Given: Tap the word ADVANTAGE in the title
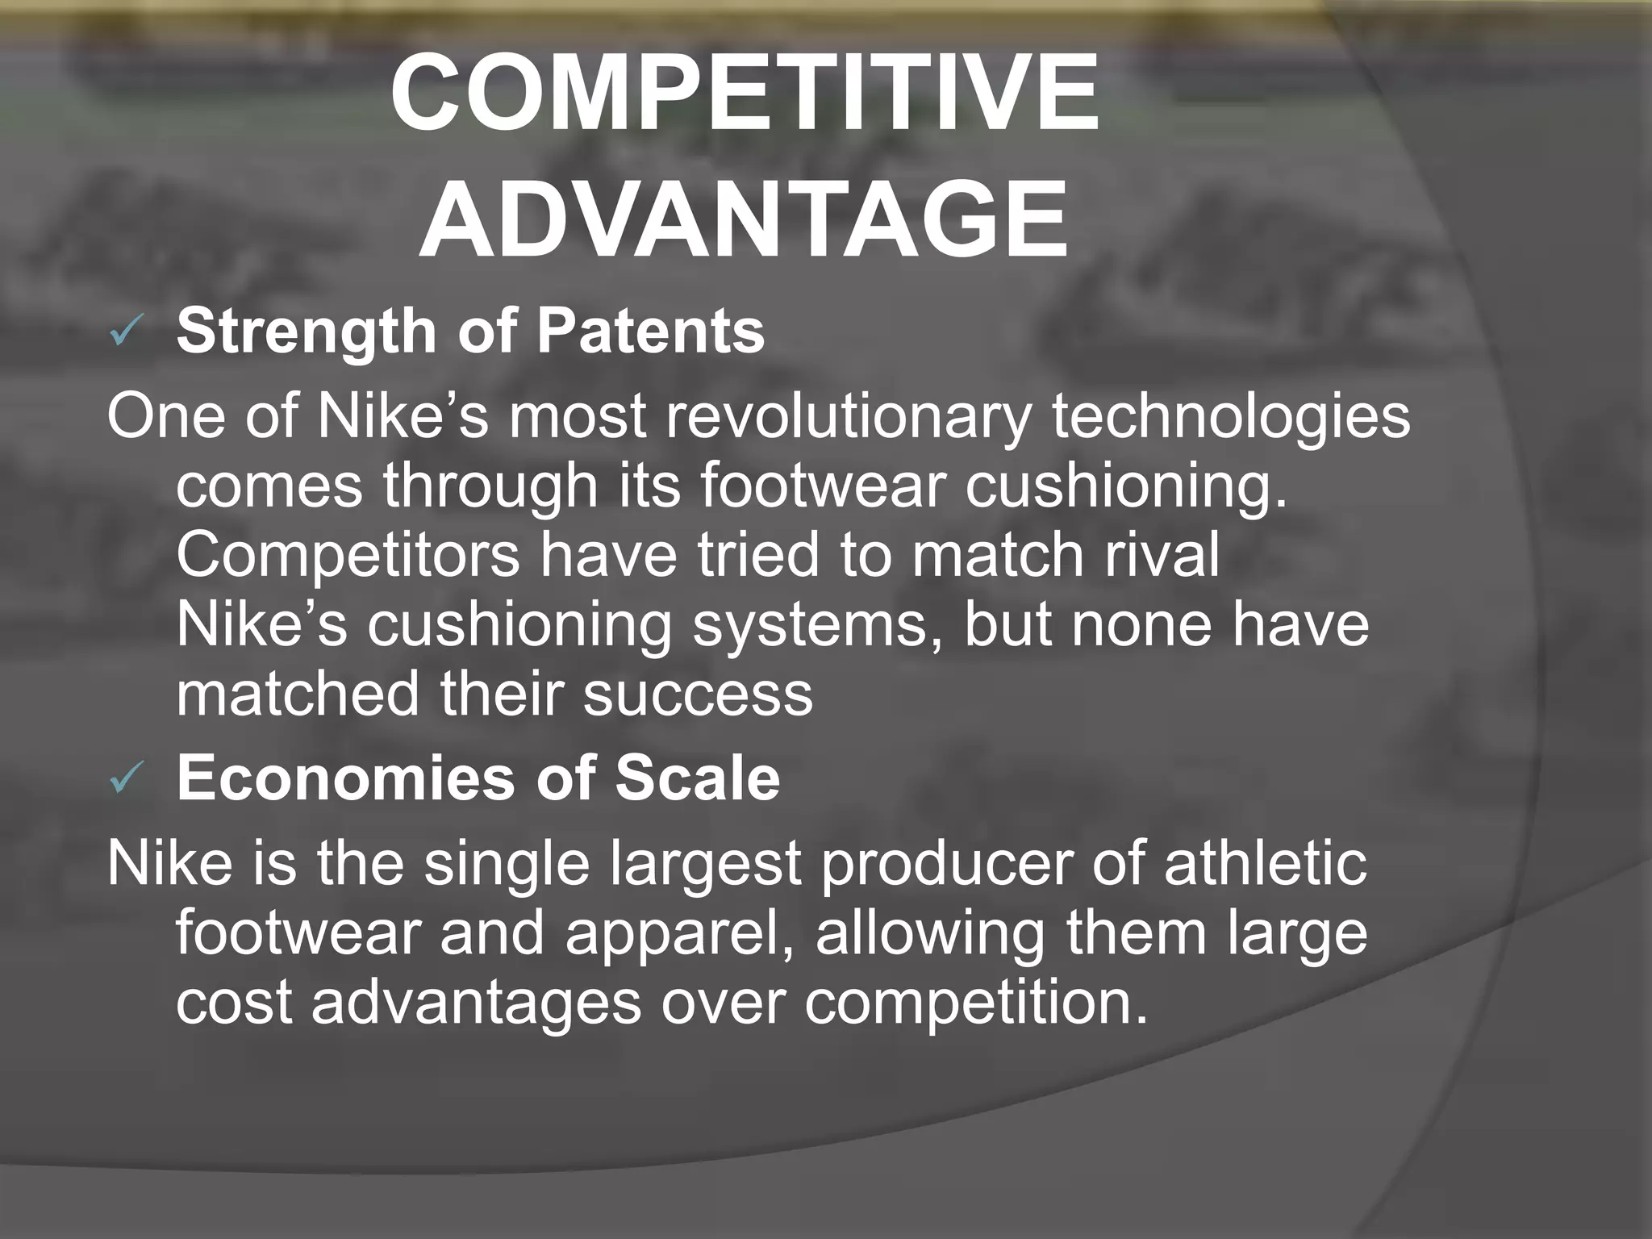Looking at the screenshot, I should [x=744, y=219].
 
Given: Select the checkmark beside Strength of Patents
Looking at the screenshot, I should [x=127, y=333].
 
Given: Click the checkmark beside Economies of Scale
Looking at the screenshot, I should [x=127, y=780].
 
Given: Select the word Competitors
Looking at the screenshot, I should [x=348, y=557].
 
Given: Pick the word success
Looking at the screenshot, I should [x=698, y=695].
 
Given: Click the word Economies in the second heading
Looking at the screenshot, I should [x=345, y=778].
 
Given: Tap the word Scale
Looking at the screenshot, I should [x=698, y=778].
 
